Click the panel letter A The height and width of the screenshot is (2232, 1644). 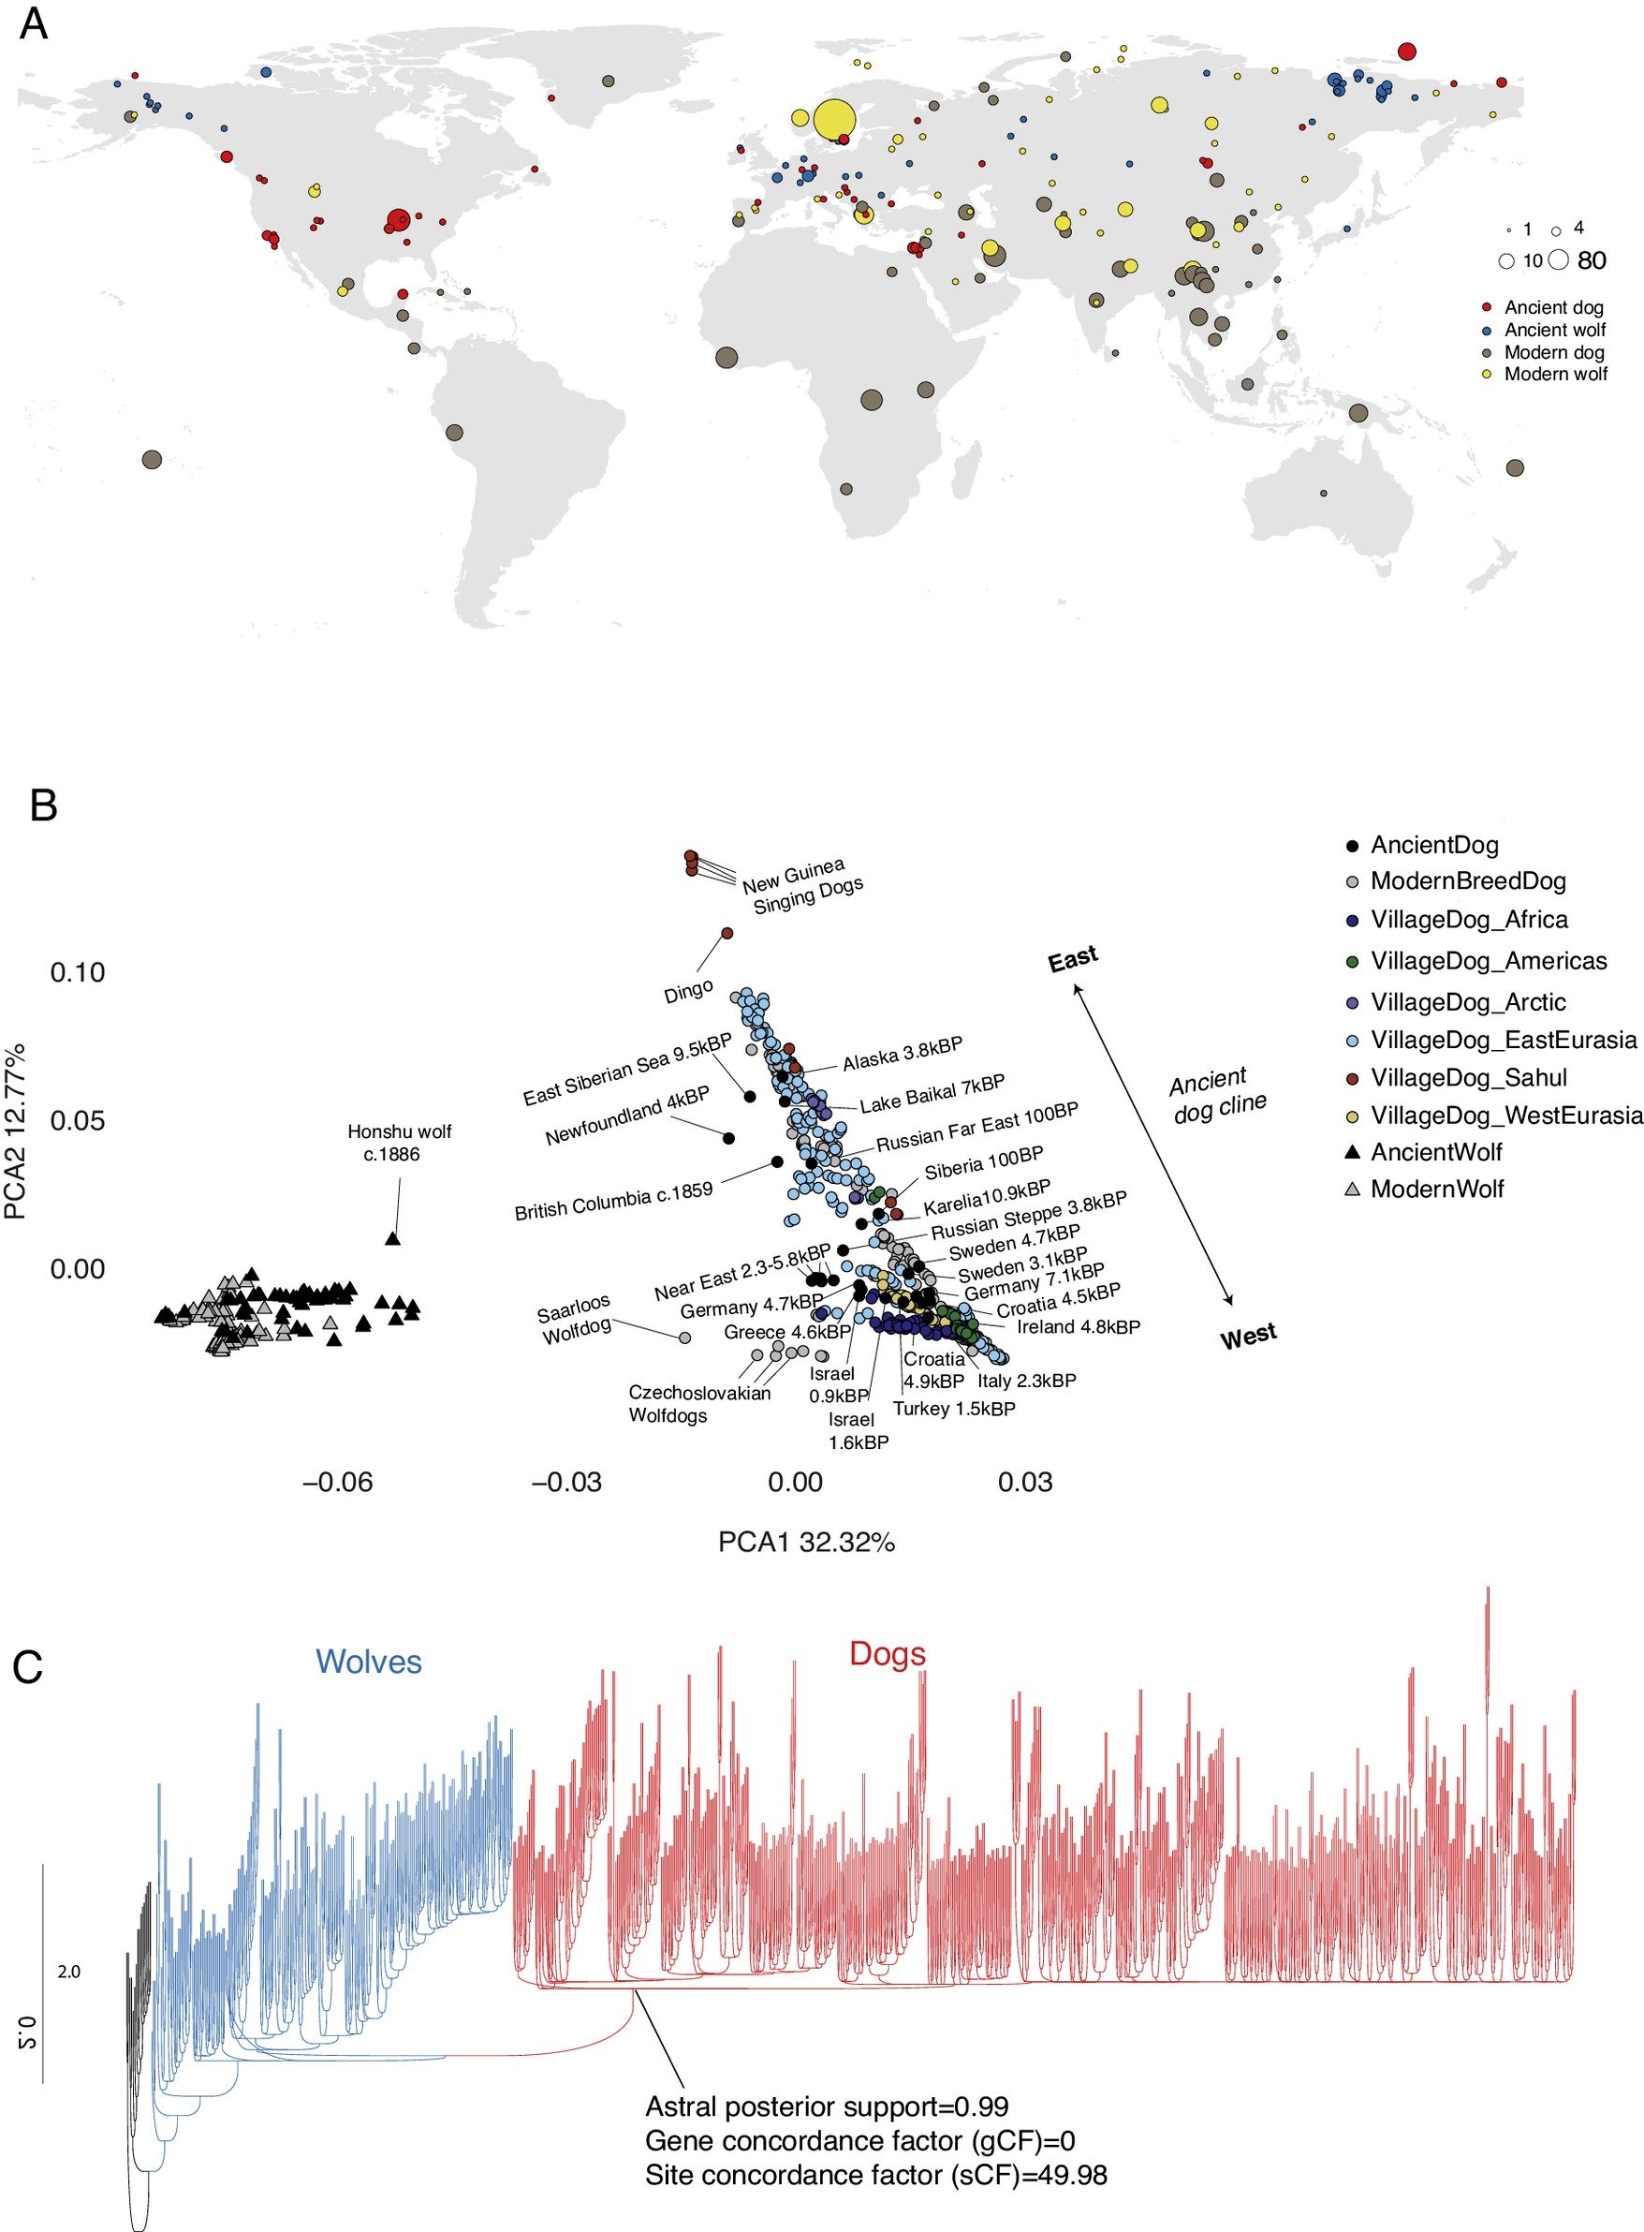point(34,22)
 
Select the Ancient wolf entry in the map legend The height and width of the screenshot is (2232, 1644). point(1554,331)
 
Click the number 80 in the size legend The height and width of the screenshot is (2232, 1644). point(1592,260)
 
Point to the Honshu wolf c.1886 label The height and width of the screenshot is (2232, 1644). point(399,1143)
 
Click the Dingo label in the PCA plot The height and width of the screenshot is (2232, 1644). point(689,991)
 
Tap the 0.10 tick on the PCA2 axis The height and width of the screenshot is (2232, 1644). point(78,972)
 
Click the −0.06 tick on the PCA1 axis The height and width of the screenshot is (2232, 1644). point(337,1483)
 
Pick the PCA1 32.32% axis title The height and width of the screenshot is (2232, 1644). point(806,1542)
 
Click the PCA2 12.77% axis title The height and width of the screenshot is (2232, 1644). point(16,1131)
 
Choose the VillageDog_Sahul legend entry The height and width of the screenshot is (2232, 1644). point(1468,1077)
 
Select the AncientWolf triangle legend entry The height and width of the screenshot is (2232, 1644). point(1436,1152)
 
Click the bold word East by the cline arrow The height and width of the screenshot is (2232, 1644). point(1073,959)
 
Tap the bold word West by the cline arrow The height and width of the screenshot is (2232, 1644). point(1249,1336)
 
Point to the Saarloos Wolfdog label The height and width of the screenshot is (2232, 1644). point(575,1319)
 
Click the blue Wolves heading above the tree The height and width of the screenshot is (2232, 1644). point(368,1662)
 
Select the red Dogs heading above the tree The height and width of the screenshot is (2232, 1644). point(887,1653)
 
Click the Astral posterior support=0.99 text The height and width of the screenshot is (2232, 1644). point(826,2107)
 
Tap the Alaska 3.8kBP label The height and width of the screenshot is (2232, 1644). point(903,1054)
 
